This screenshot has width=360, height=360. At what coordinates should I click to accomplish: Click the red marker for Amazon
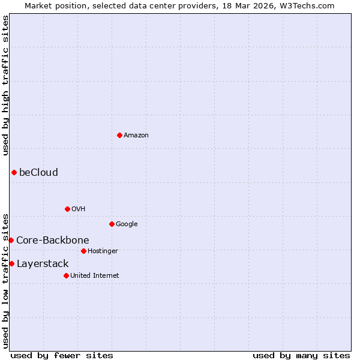[119, 135]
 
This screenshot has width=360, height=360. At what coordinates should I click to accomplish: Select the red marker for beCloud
[14, 173]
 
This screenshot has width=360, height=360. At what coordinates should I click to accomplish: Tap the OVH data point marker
[67, 209]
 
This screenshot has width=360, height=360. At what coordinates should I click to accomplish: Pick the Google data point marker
[112, 224]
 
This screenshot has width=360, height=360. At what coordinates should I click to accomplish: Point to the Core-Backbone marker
[11, 240]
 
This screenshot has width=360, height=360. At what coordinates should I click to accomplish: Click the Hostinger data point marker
[83, 251]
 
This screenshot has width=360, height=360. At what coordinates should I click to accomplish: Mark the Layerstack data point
[11, 263]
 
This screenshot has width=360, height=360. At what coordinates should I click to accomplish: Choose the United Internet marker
[66, 275]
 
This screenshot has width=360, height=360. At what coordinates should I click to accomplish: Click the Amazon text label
[136, 136]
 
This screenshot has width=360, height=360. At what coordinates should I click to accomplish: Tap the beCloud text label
[38, 173]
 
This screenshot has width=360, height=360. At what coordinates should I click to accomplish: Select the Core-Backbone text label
[53, 241]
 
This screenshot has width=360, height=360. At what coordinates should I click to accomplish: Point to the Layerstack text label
[43, 264]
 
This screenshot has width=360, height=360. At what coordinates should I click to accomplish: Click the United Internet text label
[95, 276]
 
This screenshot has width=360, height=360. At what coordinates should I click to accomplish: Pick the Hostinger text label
[103, 251]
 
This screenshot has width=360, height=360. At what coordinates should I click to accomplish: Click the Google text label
[127, 224]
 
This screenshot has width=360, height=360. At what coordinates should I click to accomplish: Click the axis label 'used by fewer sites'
[62, 355]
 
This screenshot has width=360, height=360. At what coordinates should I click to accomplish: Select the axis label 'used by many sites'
[301, 355]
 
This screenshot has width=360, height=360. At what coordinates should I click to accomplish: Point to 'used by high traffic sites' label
[6, 86]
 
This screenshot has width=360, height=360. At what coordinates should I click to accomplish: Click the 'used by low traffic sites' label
[6, 280]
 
